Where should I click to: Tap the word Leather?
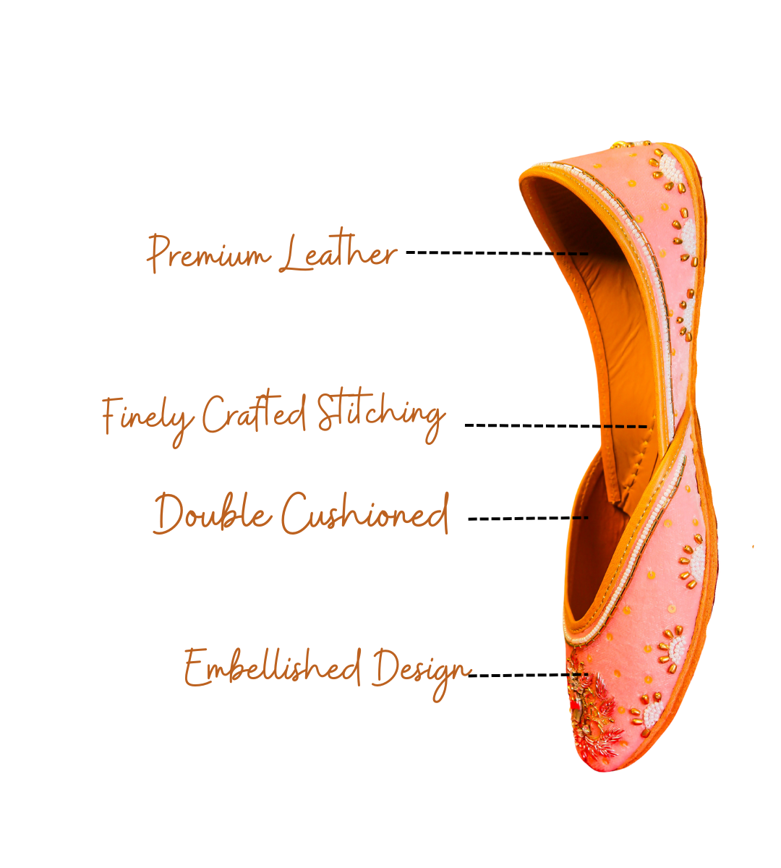(x=338, y=252)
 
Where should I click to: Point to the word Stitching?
(x=380, y=414)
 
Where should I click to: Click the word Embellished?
(x=272, y=666)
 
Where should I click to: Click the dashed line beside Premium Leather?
(x=498, y=253)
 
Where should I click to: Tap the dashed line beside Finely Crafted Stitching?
(x=555, y=426)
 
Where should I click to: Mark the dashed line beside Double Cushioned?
(x=528, y=518)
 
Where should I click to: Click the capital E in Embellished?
(x=197, y=666)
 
